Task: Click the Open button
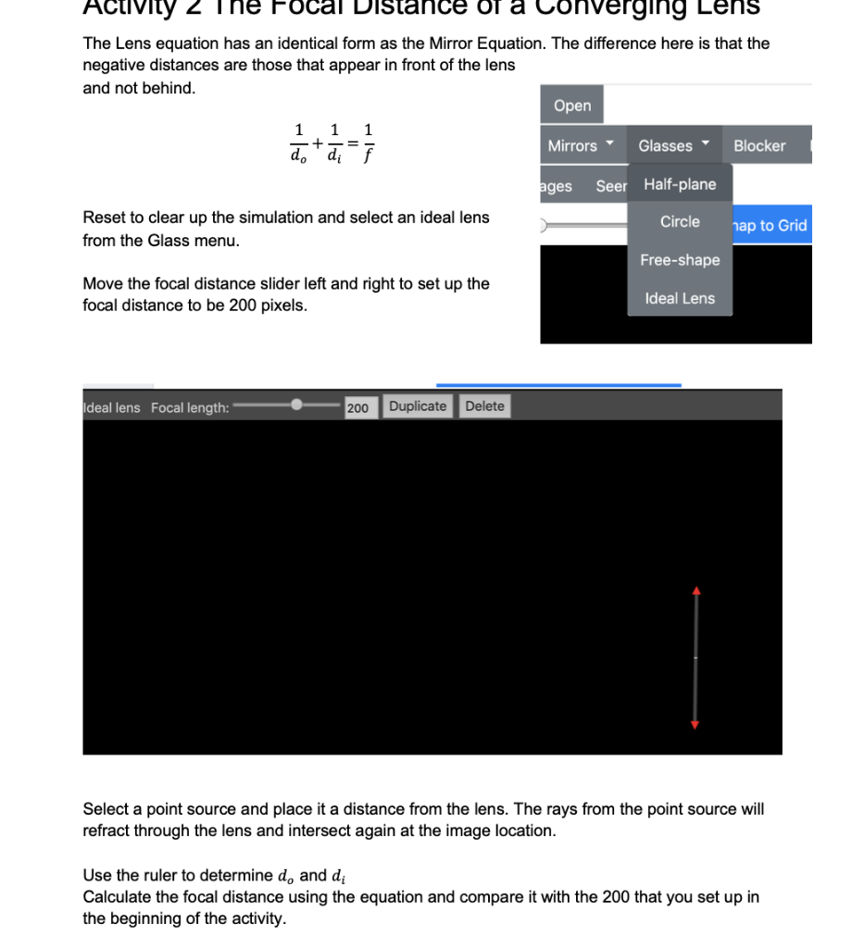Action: click(572, 106)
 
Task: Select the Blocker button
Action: click(758, 145)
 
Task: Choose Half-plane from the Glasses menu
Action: click(680, 184)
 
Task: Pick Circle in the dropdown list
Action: click(680, 222)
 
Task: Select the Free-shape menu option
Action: click(680, 260)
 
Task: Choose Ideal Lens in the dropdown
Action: click(680, 298)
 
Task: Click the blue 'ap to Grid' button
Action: click(771, 225)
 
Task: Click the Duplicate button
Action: click(418, 406)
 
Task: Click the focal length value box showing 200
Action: click(357, 407)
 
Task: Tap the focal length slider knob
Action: click(296, 405)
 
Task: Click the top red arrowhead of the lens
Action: click(696, 590)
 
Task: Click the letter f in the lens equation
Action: click(370, 156)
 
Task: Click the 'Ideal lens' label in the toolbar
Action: click(112, 407)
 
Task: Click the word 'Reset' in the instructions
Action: click(103, 218)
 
